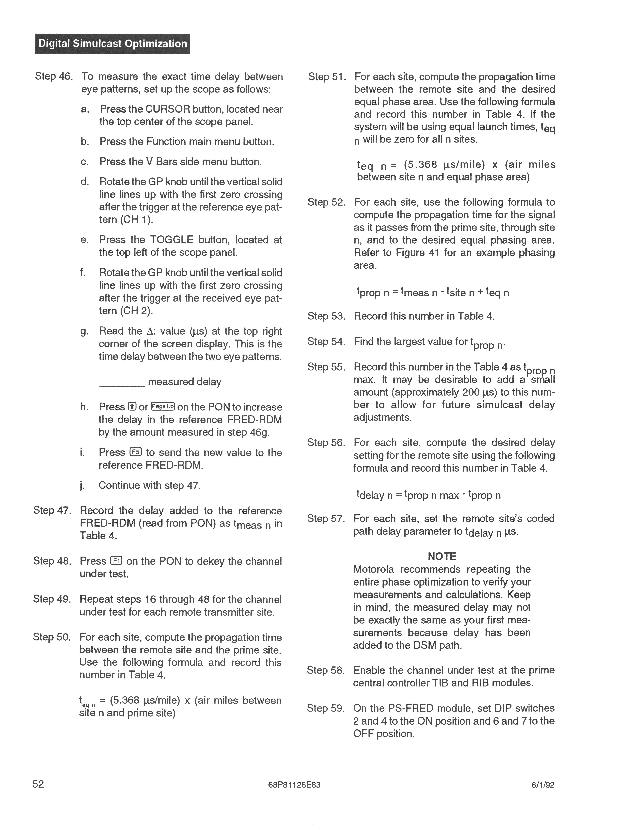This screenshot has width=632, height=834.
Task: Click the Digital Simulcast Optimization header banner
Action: pyautogui.click(x=112, y=44)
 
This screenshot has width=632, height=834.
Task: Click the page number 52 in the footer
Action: pyautogui.click(x=38, y=784)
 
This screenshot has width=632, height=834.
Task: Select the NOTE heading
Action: pyautogui.click(x=442, y=556)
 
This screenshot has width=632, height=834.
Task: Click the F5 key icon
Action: pyautogui.click(x=135, y=452)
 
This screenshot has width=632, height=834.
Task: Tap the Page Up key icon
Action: pyautogui.click(x=163, y=406)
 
